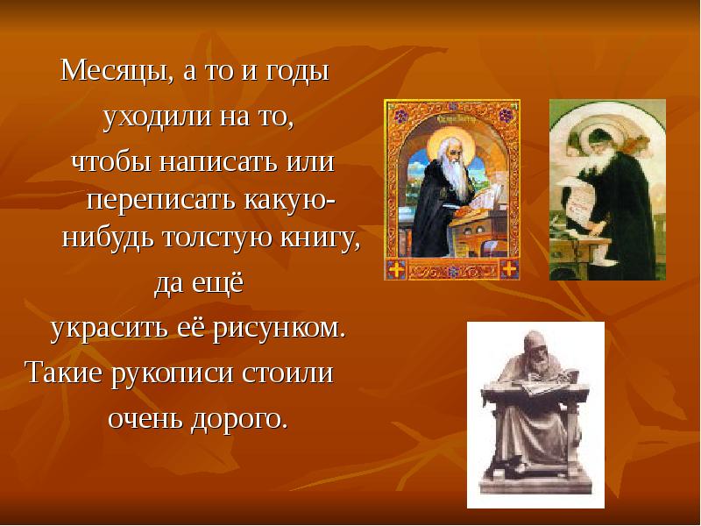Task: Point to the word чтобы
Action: click(112, 161)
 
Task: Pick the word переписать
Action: click(161, 201)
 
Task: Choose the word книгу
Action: click(320, 238)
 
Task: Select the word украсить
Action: click(110, 329)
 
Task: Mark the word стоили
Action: click(287, 372)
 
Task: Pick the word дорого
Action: click(239, 419)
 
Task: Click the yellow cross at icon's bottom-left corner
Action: click(396, 268)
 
